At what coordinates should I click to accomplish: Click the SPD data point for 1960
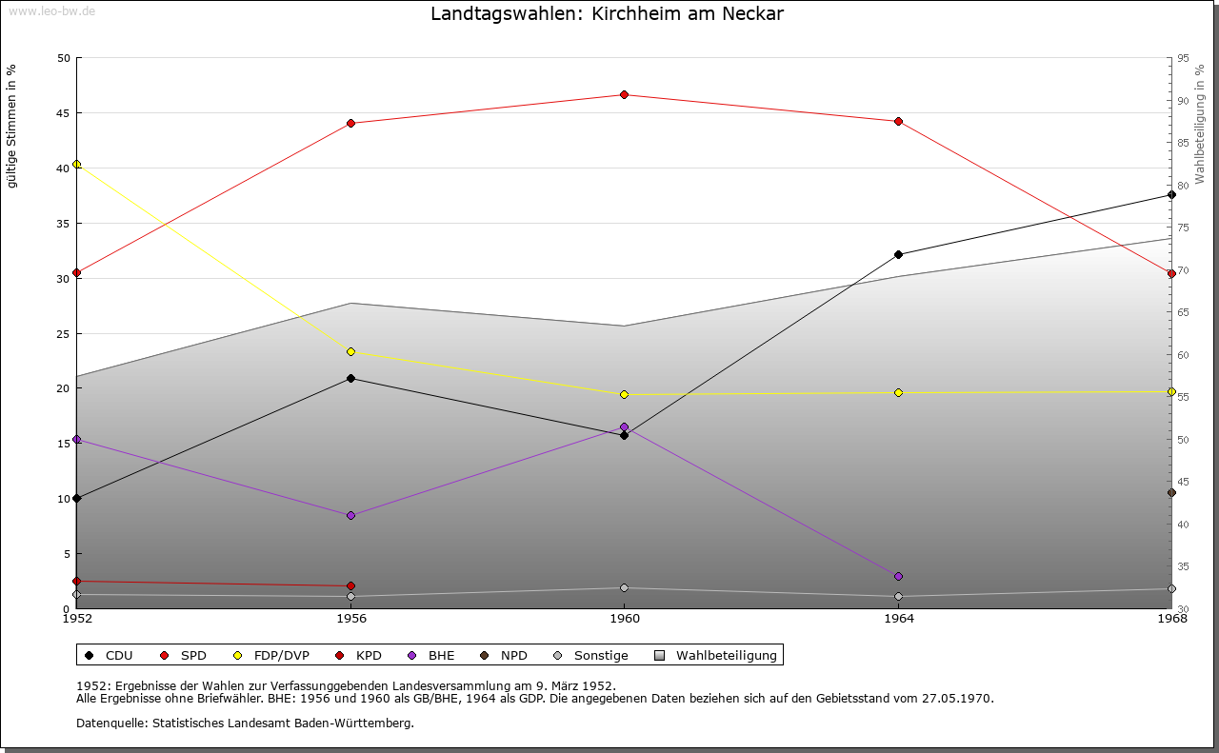pyautogui.click(x=624, y=95)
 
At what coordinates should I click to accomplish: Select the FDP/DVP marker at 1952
pyautogui.click(x=77, y=165)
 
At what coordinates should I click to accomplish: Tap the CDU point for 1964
pyautogui.click(x=898, y=255)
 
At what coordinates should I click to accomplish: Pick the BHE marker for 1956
pyautogui.click(x=350, y=516)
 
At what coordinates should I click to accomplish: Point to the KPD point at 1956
pyautogui.click(x=350, y=586)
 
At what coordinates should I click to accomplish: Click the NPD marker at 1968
pyautogui.click(x=1171, y=493)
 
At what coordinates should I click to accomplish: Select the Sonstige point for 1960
pyautogui.click(x=624, y=588)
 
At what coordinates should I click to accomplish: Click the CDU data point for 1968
pyautogui.click(x=1171, y=195)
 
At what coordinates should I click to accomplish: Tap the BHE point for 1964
pyautogui.click(x=898, y=577)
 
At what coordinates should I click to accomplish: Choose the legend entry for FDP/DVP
pyautogui.click(x=270, y=656)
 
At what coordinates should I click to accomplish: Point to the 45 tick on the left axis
pyautogui.click(x=64, y=113)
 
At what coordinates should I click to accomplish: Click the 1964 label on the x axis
pyautogui.click(x=898, y=619)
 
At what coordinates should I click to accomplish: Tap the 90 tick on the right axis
pyautogui.click(x=1183, y=101)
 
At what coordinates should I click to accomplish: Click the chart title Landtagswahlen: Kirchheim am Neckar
pyautogui.click(x=608, y=14)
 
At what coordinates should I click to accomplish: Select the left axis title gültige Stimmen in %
pyautogui.click(x=12, y=127)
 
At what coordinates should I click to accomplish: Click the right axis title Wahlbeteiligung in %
pyautogui.click(x=1200, y=125)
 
